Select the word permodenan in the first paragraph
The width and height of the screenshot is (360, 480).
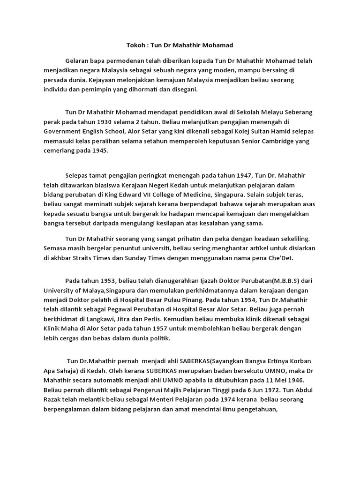pos(116,61)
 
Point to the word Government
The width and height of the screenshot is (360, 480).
pos(63,132)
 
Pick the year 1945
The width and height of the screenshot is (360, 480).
pos(99,150)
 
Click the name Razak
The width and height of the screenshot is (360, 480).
pos(53,399)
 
